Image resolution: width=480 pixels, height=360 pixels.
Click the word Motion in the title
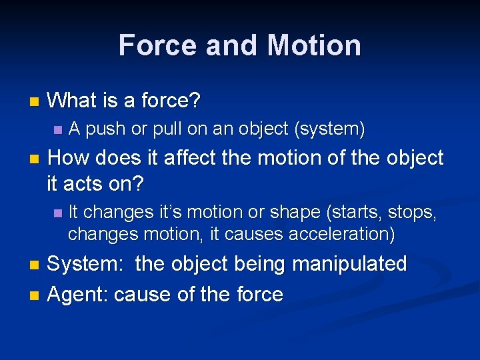[x=314, y=45]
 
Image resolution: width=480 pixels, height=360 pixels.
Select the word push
[x=105, y=129]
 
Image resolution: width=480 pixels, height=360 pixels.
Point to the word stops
[x=413, y=212]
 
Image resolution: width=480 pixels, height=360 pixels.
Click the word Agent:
[x=78, y=294]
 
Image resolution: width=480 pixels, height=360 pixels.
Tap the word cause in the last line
[x=141, y=294]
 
